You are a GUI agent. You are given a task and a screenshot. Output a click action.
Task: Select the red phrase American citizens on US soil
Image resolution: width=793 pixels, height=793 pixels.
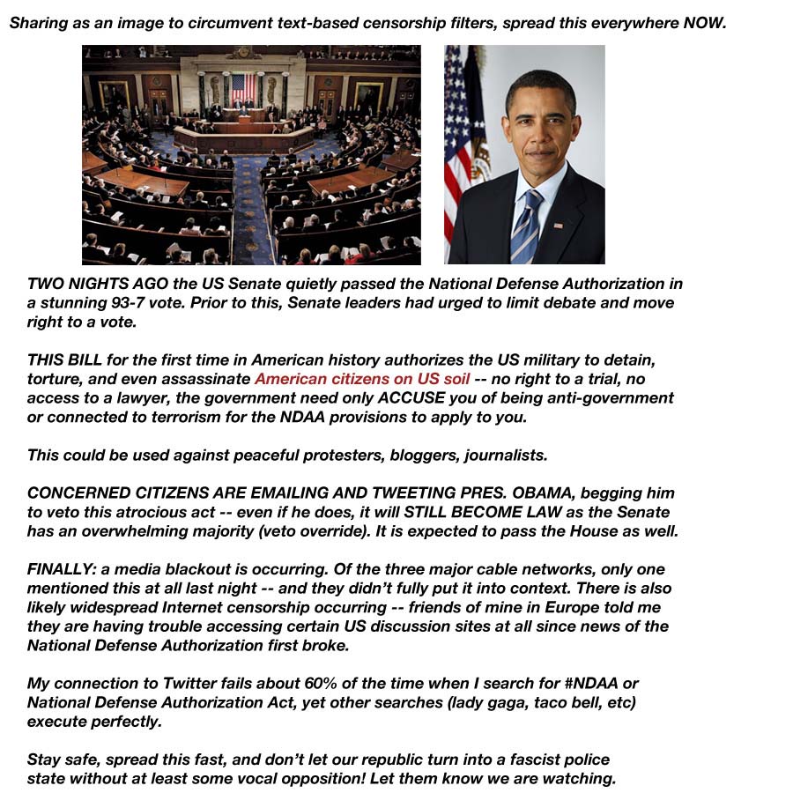click(362, 379)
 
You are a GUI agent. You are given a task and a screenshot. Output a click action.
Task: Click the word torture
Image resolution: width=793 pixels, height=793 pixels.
click(53, 379)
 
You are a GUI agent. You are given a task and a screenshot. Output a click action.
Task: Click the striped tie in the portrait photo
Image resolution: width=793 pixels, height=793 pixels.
click(529, 225)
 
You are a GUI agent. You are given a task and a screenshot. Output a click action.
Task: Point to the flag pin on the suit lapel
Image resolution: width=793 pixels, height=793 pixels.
click(558, 226)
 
